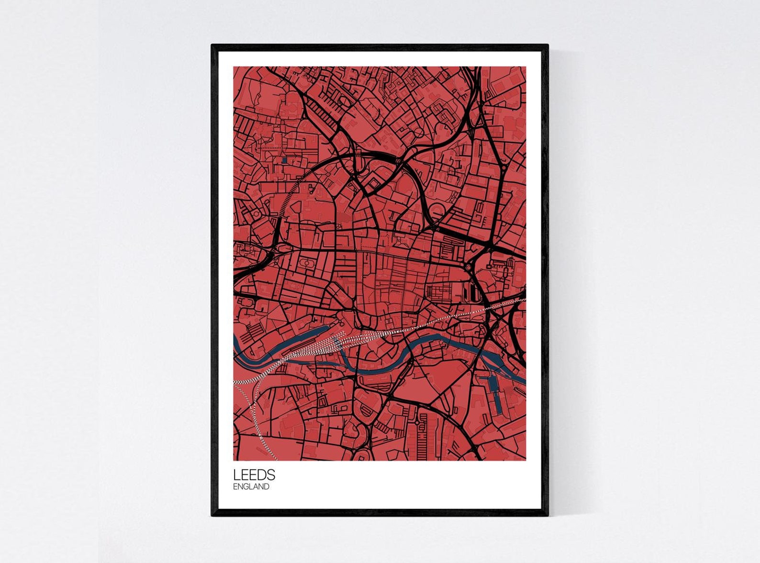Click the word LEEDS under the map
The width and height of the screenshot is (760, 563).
[x=254, y=475]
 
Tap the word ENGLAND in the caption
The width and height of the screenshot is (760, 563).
[x=251, y=487]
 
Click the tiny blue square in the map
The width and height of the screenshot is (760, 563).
[x=285, y=160]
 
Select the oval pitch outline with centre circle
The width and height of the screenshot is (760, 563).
[x=305, y=264]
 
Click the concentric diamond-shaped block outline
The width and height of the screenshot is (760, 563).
[x=373, y=183]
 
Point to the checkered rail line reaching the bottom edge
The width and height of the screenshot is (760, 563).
[x=261, y=431]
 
